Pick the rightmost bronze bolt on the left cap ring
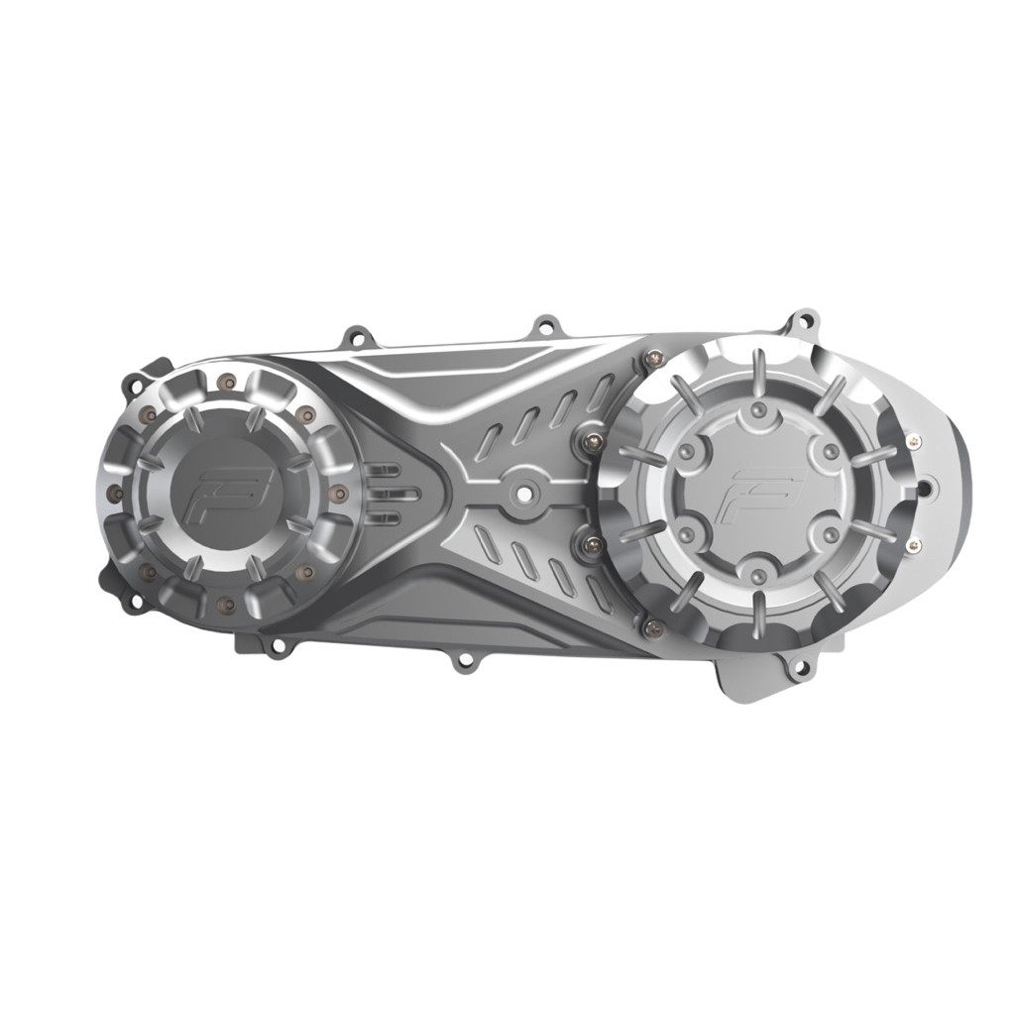click(x=340, y=492)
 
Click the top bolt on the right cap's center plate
click(x=758, y=409)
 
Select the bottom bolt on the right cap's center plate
click(x=758, y=573)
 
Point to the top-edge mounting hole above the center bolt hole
click(x=543, y=325)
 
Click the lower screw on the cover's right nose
click(x=913, y=544)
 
